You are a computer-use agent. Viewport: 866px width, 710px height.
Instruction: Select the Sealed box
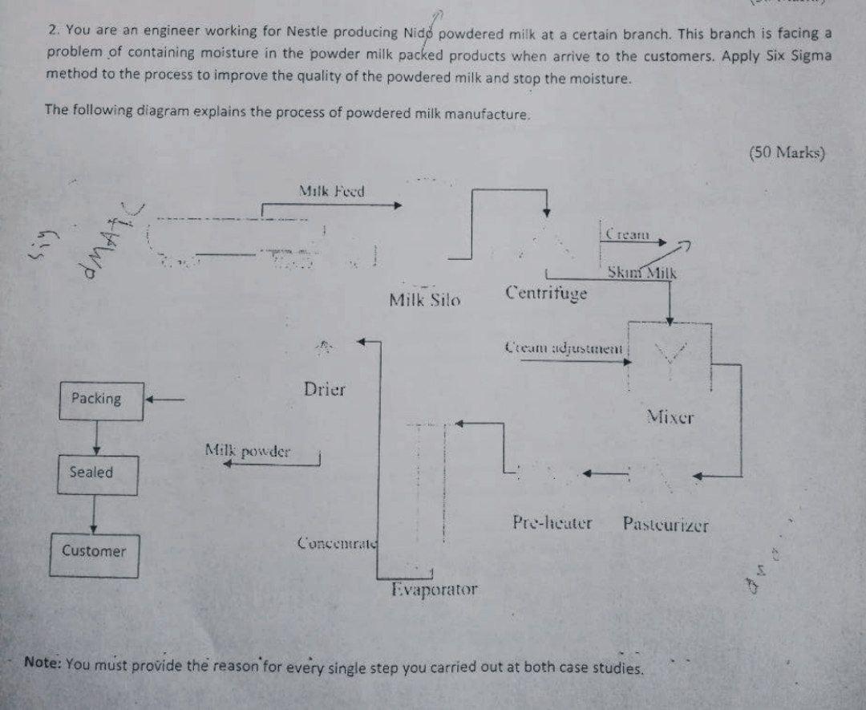[97, 474]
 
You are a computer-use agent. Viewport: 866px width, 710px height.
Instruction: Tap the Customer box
[93, 554]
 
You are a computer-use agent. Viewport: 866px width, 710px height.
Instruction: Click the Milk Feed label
[331, 192]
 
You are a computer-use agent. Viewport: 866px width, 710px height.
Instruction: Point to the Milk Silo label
[424, 301]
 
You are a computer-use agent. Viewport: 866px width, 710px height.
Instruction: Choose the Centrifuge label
[546, 293]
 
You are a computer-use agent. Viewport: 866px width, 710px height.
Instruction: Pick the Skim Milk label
[641, 273]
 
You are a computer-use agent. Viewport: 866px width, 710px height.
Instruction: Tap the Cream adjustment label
[565, 348]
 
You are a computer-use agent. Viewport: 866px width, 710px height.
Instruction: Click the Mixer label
[670, 417]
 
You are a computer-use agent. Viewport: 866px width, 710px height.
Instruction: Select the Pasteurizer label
[665, 525]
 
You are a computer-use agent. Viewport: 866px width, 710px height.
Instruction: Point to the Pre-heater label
[552, 524]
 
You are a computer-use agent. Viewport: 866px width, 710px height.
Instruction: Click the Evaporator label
[434, 590]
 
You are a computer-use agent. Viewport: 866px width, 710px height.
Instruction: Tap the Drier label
[325, 390]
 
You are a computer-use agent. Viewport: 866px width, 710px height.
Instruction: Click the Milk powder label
[248, 451]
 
